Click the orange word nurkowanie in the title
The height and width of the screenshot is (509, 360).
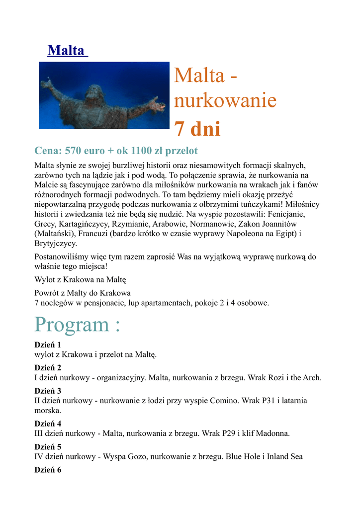coord(225,101)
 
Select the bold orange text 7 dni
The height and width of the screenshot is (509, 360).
coord(197,129)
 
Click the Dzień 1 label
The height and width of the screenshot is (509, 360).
coord(47,345)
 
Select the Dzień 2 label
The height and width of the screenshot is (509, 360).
coord(47,368)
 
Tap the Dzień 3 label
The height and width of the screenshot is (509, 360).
coord(47,391)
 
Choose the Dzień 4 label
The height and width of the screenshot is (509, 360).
coord(47,424)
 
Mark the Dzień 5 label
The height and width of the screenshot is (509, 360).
coord(47,446)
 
